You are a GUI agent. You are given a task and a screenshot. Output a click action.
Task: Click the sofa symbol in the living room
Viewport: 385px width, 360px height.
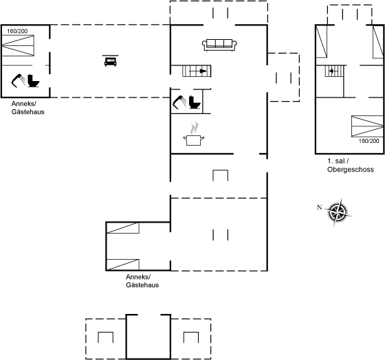click(219, 45)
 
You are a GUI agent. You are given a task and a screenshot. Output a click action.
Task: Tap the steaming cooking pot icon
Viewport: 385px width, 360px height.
click(194, 134)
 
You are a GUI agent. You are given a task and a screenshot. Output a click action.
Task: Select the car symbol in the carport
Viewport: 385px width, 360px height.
click(111, 61)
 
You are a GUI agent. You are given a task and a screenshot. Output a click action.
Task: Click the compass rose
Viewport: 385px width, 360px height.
click(338, 212)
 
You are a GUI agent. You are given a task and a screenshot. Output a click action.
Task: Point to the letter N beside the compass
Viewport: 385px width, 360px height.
click(319, 207)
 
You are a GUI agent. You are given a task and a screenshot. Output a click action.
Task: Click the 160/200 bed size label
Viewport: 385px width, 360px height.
click(17, 31)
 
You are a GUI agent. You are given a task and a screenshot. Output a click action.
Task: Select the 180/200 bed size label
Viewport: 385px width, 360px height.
click(368, 141)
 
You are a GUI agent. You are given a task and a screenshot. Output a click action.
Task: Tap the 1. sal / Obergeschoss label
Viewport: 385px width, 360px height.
click(351, 165)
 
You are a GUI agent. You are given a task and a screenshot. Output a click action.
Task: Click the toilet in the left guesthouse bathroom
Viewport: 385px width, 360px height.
click(34, 80)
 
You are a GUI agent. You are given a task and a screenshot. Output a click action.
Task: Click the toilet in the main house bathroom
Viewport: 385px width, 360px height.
click(195, 102)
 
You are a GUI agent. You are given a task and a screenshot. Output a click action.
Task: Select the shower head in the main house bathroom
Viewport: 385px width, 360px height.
click(179, 102)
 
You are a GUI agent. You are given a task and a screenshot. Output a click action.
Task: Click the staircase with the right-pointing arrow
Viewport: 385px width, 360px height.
click(197, 71)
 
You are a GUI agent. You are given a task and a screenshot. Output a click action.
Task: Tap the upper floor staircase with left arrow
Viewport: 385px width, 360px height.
click(334, 71)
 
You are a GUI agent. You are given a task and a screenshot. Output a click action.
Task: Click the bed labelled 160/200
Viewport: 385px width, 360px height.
click(18, 45)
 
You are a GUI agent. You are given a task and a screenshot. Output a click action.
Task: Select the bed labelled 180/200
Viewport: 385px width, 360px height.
click(367, 126)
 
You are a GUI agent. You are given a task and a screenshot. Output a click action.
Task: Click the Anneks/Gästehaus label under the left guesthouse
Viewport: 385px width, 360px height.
click(27, 108)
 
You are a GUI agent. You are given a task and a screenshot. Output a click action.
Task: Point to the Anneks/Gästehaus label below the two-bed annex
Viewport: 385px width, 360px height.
click(142, 281)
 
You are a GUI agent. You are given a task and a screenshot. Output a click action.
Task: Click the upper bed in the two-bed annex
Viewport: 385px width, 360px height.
click(123, 227)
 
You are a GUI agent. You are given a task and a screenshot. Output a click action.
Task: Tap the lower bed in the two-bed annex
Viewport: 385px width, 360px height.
click(123, 265)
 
